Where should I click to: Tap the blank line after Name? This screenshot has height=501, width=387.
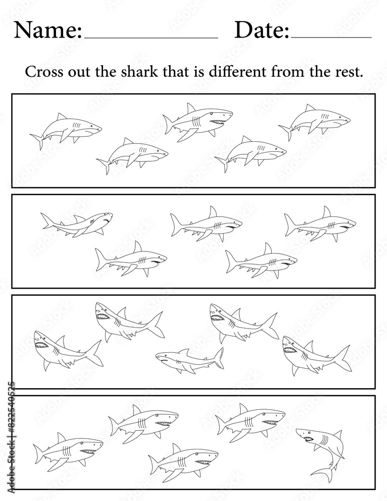151,38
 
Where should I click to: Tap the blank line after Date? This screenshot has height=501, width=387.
331,38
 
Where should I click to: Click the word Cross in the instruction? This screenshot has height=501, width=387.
44,72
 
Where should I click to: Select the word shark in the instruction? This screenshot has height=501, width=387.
139,72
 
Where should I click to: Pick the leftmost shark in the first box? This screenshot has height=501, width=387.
66,131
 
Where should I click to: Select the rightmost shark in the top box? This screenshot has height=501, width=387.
314,122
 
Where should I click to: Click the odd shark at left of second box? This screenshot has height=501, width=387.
77,223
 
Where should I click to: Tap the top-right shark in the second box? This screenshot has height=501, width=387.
320,223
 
